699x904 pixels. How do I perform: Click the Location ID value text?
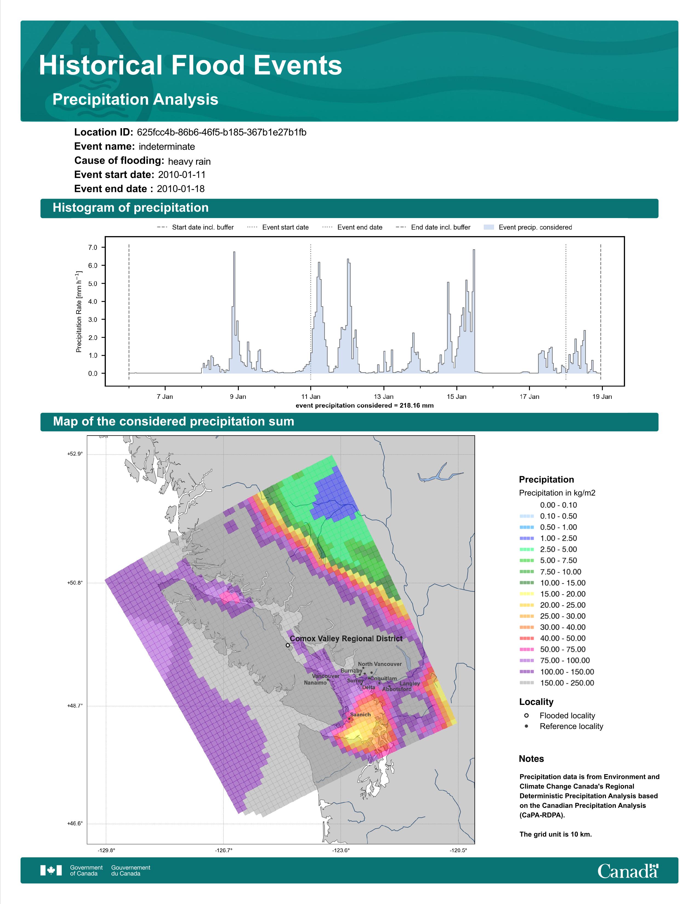tap(221, 133)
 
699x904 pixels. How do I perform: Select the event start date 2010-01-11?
tap(182, 175)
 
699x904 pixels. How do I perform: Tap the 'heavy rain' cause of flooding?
tap(189, 161)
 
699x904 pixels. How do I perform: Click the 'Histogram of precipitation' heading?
tap(130, 208)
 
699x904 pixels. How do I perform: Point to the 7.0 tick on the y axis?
tap(92, 248)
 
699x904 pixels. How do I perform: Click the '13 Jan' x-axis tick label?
tap(383, 397)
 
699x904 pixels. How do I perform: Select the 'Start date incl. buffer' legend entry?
tap(195, 227)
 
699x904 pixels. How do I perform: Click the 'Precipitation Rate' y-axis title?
tap(79, 312)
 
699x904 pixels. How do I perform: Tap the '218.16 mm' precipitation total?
tap(417, 406)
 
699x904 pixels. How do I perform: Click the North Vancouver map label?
tap(380, 664)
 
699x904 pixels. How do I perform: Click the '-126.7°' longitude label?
tap(224, 851)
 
